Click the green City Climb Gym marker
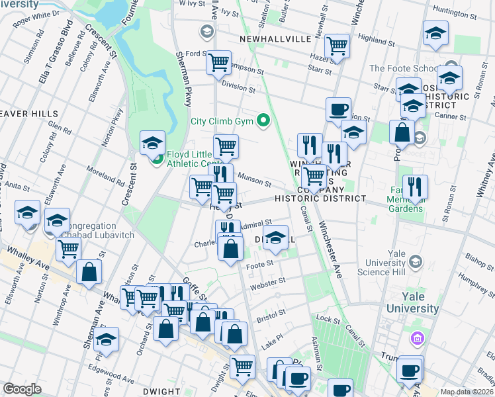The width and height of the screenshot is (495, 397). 264,120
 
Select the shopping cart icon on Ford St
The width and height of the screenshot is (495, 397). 218,64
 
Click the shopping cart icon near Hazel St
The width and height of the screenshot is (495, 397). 337,46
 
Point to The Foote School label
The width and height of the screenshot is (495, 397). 401,68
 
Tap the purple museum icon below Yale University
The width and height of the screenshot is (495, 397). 416,339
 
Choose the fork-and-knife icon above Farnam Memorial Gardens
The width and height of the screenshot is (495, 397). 415,187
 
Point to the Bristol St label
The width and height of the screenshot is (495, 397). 273,312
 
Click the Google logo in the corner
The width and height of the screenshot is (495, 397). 22,389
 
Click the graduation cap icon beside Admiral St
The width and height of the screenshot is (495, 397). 275,238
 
